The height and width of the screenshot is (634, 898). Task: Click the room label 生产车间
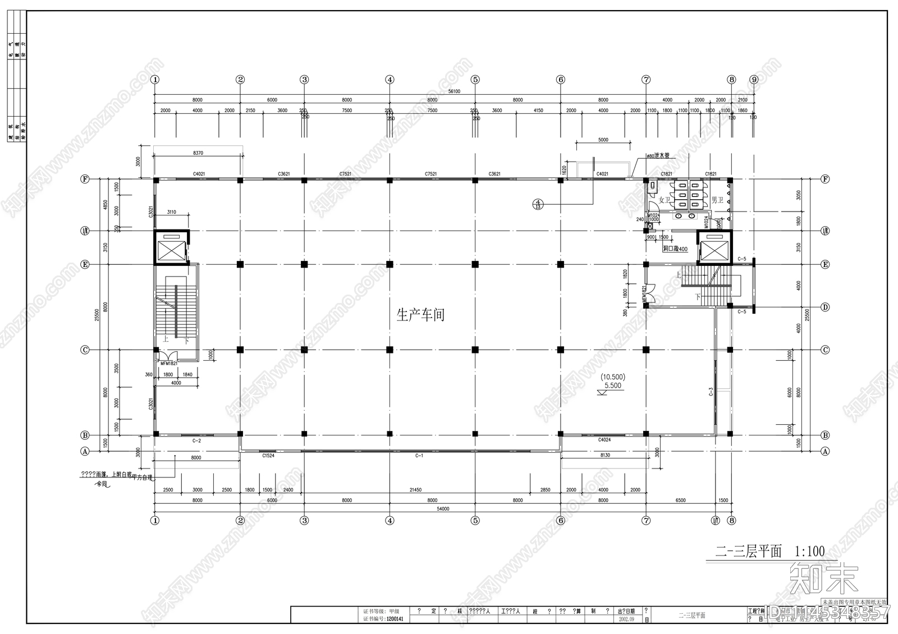(420, 315)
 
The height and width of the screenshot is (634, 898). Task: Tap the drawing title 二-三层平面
(748, 552)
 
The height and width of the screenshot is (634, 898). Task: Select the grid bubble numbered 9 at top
(754, 80)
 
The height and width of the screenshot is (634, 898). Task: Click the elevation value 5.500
(612, 385)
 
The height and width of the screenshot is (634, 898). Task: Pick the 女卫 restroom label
(665, 200)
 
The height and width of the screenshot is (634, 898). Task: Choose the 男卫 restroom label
(717, 200)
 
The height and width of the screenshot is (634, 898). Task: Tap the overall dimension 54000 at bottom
(443, 509)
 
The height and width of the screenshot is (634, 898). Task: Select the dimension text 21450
(415, 490)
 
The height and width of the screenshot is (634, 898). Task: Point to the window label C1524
(268, 456)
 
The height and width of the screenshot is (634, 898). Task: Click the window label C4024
(604, 440)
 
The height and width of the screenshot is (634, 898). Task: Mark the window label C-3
(711, 392)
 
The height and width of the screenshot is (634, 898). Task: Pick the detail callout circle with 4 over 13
(538, 204)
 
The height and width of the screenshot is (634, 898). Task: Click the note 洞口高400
(675, 249)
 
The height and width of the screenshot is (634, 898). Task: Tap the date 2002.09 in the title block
(627, 619)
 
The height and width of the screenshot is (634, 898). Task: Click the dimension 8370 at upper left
(198, 153)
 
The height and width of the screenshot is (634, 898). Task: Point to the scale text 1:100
(809, 552)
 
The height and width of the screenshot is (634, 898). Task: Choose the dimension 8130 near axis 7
(605, 456)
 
